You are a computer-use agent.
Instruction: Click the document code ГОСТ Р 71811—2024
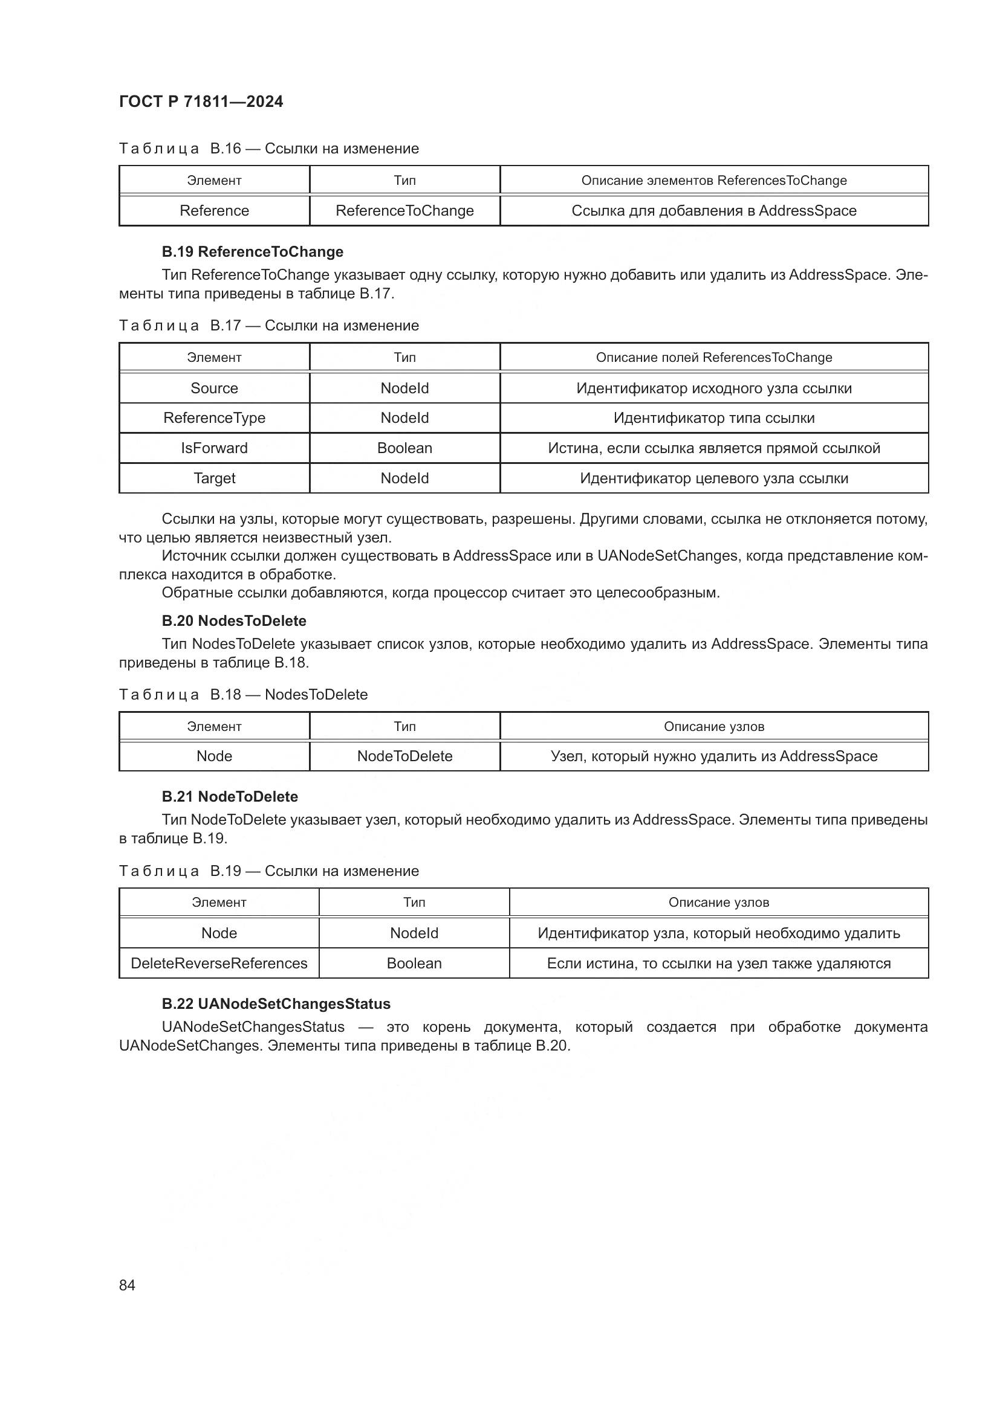click(x=201, y=101)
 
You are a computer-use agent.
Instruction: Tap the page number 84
click(x=127, y=1285)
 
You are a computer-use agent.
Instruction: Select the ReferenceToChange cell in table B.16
click(x=404, y=210)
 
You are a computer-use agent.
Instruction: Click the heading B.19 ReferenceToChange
click(x=253, y=252)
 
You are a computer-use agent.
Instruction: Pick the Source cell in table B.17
click(x=214, y=388)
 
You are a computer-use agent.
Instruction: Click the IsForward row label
click(x=214, y=448)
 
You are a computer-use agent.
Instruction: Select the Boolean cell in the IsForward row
click(x=404, y=448)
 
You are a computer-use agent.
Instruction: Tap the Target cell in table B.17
click(x=214, y=478)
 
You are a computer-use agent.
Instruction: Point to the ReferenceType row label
click(x=214, y=418)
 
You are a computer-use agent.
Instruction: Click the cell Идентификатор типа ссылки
click(x=713, y=418)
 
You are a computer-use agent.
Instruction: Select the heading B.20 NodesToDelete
click(x=234, y=620)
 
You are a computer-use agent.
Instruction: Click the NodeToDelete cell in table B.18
click(x=404, y=756)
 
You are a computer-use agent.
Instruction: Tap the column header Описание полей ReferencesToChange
click(x=713, y=358)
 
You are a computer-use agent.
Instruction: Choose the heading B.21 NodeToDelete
click(x=230, y=796)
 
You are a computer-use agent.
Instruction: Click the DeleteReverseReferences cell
click(x=219, y=963)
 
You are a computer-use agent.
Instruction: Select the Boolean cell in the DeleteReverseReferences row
click(x=414, y=963)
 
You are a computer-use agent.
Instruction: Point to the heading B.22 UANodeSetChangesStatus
click(x=276, y=1004)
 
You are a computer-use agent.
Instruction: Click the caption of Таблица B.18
click(x=243, y=694)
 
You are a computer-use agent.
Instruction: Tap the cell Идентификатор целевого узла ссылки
click(x=713, y=478)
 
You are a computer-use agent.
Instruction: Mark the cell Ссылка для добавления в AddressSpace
click(x=713, y=210)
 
